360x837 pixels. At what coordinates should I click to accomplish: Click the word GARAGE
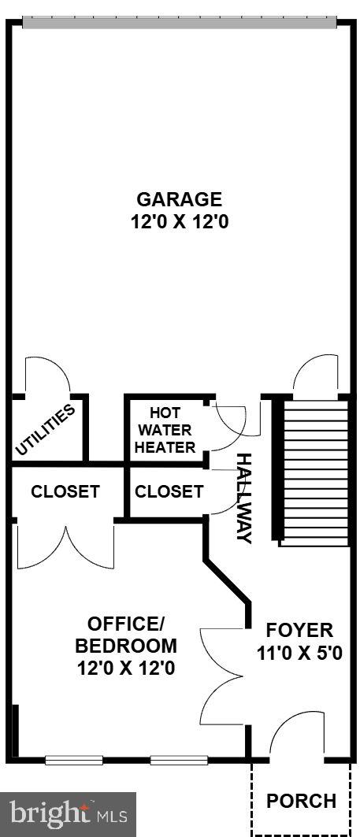pyautogui.click(x=180, y=199)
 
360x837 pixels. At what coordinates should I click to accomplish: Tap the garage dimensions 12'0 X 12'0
pyautogui.click(x=180, y=221)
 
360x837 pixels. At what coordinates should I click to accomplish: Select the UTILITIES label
pyautogui.click(x=44, y=430)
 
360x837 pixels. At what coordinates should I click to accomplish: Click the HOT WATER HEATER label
pyautogui.click(x=165, y=430)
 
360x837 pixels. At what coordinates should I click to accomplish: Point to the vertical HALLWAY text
pyautogui.click(x=243, y=498)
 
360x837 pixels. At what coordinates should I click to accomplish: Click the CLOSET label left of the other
pyautogui.click(x=65, y=491)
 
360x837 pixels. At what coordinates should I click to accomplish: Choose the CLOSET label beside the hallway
pyautogui.click(x=169, y=491)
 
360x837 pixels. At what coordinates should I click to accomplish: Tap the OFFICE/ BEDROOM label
pyautogui.click(x=126, y=634)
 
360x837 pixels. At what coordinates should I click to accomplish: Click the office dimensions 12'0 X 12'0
pyautogui.click(x=126, y=668)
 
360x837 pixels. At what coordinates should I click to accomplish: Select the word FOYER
pyautogui.click(x=299, y=630)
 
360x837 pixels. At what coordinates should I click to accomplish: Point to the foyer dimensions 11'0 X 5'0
pyautogui.click(x=299, y=653)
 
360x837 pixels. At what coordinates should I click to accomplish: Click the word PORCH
pyautogui.click(x=301, y=801)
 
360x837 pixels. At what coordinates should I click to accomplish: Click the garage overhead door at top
pyautogui.click(x=180, y=22)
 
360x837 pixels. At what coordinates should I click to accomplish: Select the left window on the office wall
pyautogui.click(x=74, y=760)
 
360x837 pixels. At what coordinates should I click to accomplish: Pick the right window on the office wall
pyautogui.click(x=179, y=760)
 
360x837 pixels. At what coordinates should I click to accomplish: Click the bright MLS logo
pyautogui.click(x=69, y=815)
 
